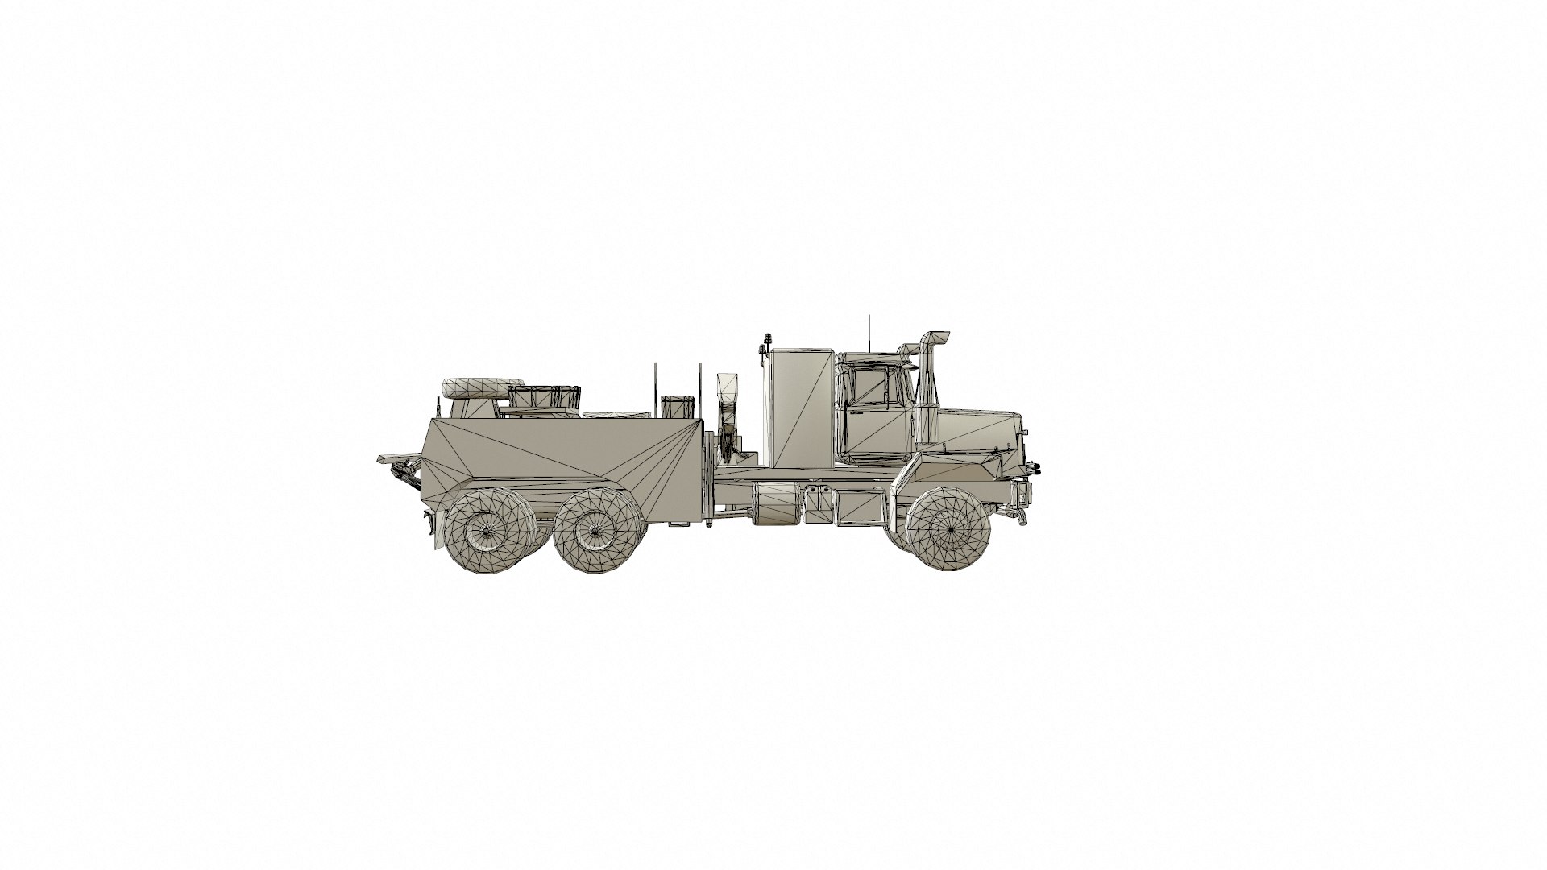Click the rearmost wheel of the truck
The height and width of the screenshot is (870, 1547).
point(484,532)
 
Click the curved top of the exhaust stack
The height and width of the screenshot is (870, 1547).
point(933,336)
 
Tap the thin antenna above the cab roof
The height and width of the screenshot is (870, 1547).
point(869,332)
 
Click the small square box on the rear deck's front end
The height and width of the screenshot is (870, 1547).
point(678,406)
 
